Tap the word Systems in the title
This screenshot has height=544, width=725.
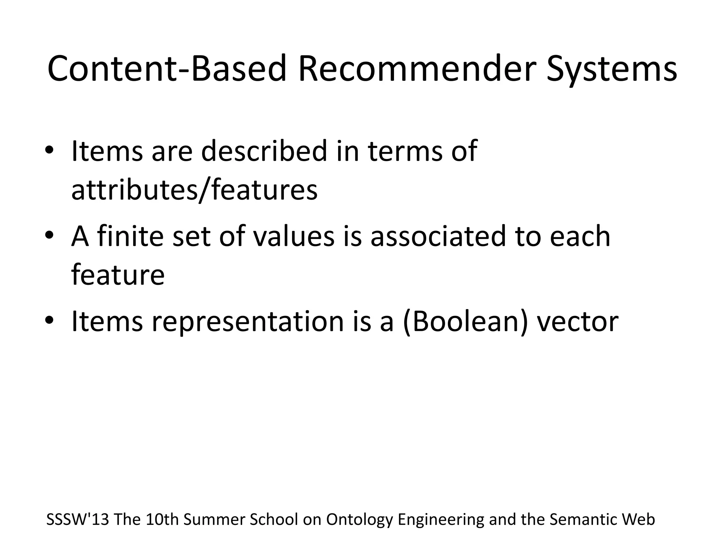tap(611, 69)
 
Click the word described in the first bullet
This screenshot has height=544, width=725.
tap(264, 151)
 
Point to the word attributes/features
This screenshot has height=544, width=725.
tap(194, 190)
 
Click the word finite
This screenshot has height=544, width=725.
tap(130, 236)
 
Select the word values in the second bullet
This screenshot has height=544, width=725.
tap(293, 236)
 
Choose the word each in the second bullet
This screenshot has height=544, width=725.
tap(580, 236)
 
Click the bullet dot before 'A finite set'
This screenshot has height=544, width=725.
tap(49, 235)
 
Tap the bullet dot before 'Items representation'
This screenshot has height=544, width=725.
tap(49, 320)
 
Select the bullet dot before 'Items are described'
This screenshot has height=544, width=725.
tap(49, 150)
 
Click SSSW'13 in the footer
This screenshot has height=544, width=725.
tap(78, 520)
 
